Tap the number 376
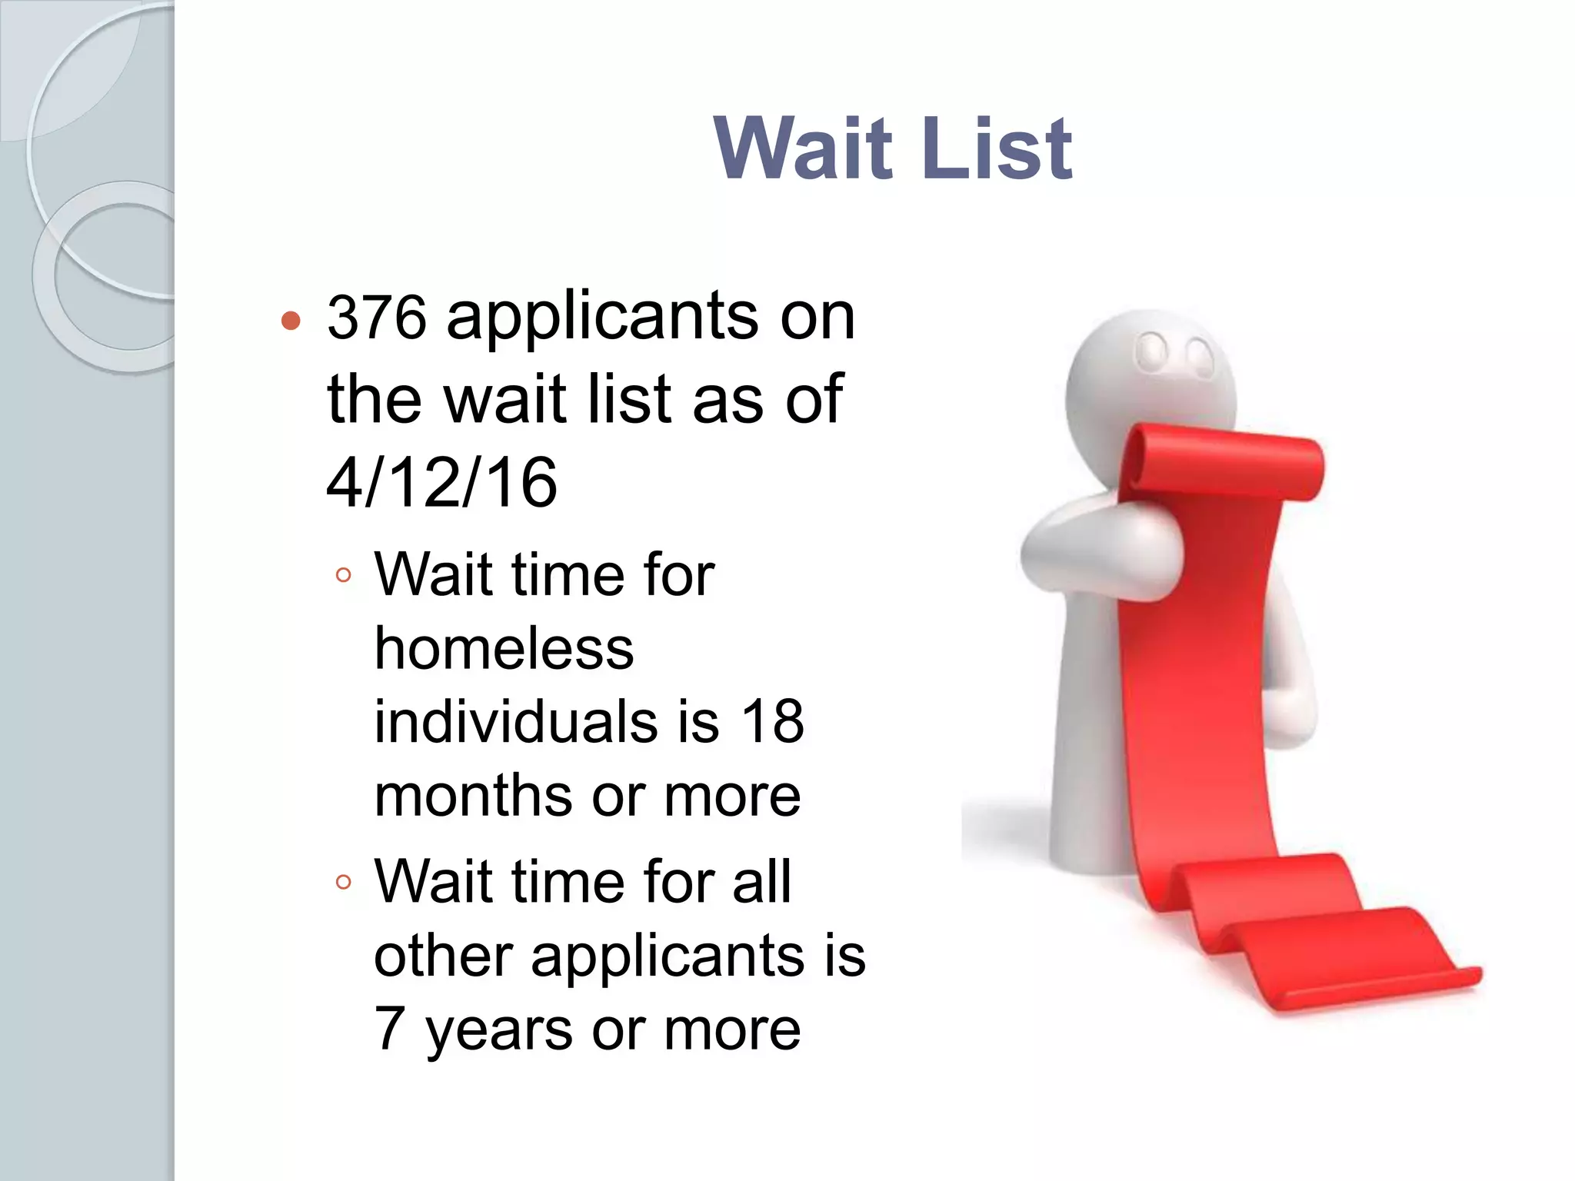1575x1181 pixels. (x=376, y=318)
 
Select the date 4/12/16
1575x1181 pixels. (x=441, y=483)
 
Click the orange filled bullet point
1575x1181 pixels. (x=291, y=321)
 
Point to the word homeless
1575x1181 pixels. (x=504, y=648)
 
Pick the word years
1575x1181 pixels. (x=498, y=1030)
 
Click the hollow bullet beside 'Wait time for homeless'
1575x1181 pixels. (x=344, y=575)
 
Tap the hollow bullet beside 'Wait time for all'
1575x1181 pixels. (x=344, y=882)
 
